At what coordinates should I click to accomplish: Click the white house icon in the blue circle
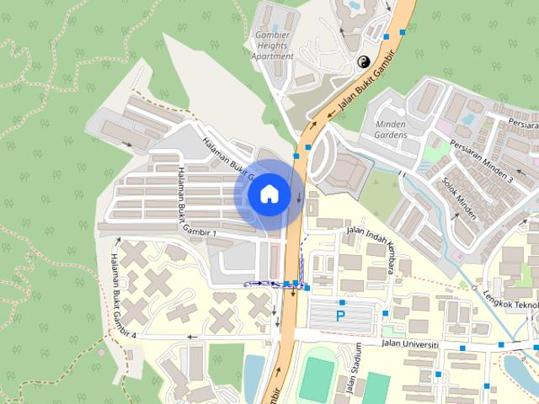269,194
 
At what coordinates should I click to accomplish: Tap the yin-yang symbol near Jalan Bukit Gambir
364,61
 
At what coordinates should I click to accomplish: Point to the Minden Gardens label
386,129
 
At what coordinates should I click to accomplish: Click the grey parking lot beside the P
345,316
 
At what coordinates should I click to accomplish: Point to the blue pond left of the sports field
253,370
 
